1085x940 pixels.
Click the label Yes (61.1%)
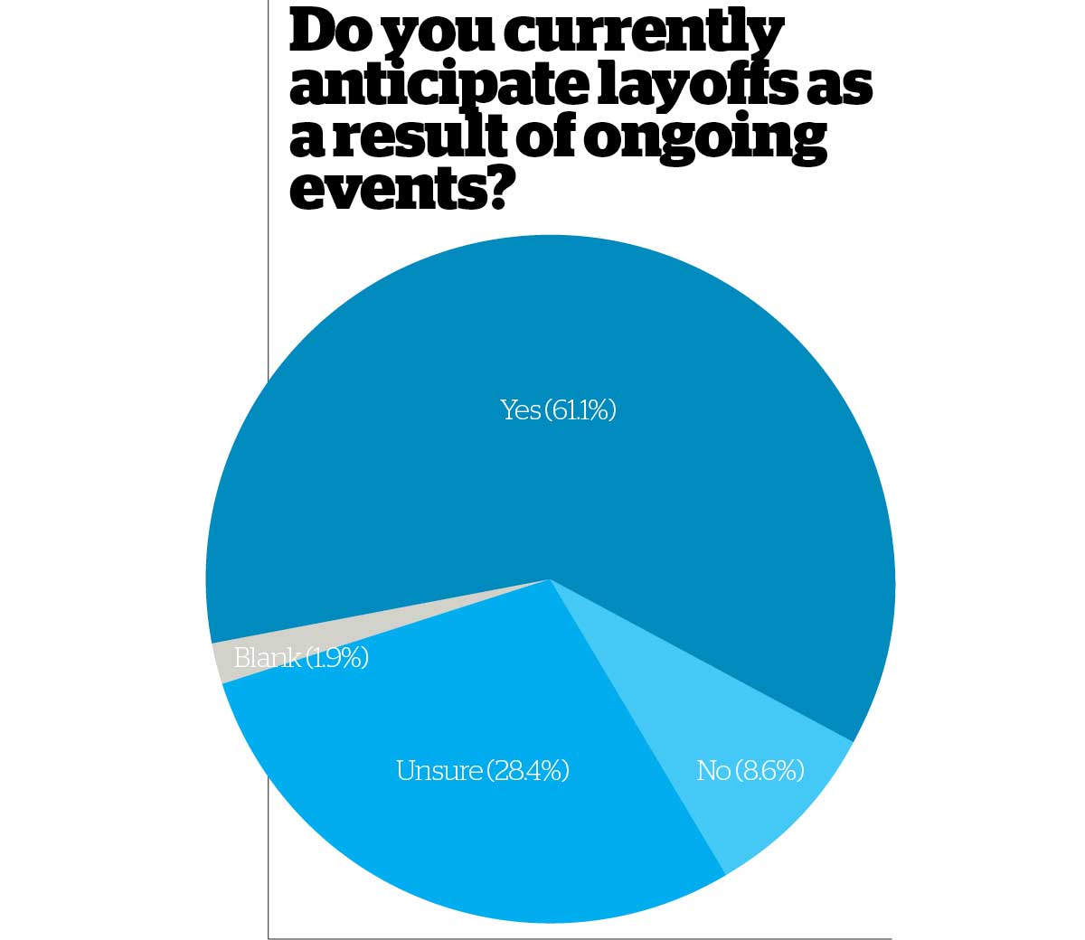pos(558,410)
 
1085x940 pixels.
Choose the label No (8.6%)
pos(750,771)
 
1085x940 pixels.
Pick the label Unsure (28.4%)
pos(482,771)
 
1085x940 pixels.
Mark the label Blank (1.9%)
pos(301,658)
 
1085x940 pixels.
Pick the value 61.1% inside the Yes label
pos(581,410)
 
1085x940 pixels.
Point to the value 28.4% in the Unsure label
pos(528,771)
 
